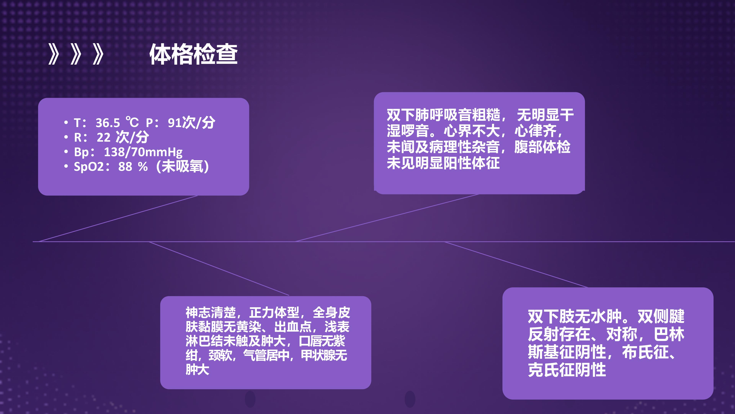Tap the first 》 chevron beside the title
pyautogui.click(x=54, y=54)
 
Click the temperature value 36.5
pyautogui.click(x=108, y=123)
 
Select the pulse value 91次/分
pyautogui.click(x=191, y=123)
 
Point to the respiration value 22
pyautogui.click(x=104, y=137)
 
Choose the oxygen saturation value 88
pyautogui.click(x=125, y=167)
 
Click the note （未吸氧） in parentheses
pyautogui.click(x=183, y=167)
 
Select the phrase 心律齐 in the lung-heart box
pyautogui.click(x=535, y=131)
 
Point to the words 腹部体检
pyautogui.click(x=542, y=147)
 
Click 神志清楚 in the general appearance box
pyautogui.click(x=211, y=313)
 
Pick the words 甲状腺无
pyautogui.click(x=324, y=355)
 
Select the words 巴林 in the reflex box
pyautogui.click(x=669, y=334)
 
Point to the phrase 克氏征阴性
pyautogui.click(x=567, y=370)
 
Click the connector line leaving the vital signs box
pyautogui.click(x=118, y=219)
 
